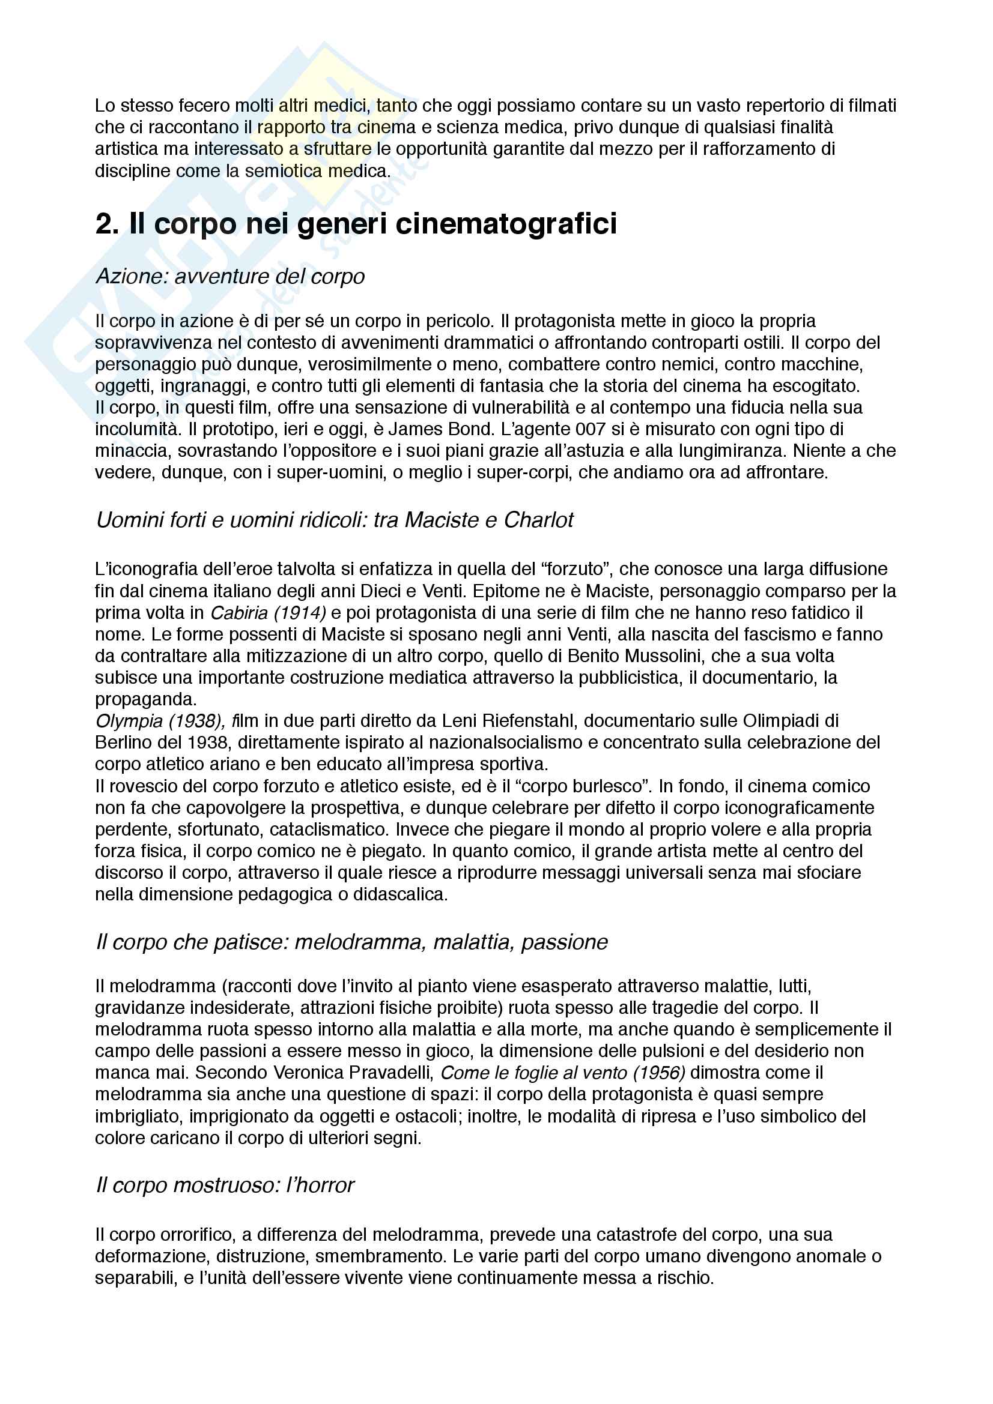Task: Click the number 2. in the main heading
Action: [x=107, y=224]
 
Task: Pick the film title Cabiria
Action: [x=237, y=612]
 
